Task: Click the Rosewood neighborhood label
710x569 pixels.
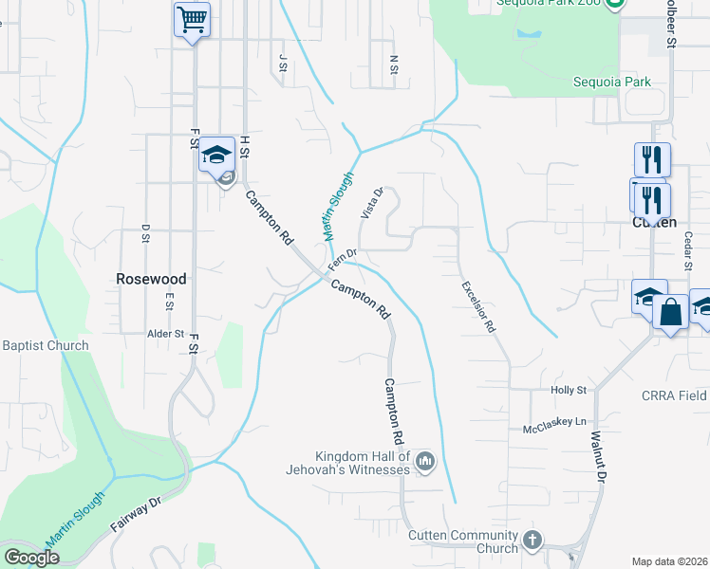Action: (x=151, y=279)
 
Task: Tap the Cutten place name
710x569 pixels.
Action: (x=654, y=222)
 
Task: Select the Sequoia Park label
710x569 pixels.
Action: (x=612, y=82)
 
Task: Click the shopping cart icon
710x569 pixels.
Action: (x=192, y=18)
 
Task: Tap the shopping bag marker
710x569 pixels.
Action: (x=670, y=312)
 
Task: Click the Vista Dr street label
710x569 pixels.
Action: (x=370, y=204)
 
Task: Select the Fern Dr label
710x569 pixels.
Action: (x=342, y=259)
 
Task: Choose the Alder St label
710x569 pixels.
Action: (x=164, y=334)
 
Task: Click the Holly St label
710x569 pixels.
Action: (x=570, y=390)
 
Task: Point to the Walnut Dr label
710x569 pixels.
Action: (x=598, y=459)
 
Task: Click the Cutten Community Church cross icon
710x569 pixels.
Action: (x=532, y=541)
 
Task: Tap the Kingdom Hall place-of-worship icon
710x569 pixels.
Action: (x=424, y=462)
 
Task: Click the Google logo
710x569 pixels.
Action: (x=31, y=557)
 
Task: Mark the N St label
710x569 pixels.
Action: (x=393, y=64)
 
